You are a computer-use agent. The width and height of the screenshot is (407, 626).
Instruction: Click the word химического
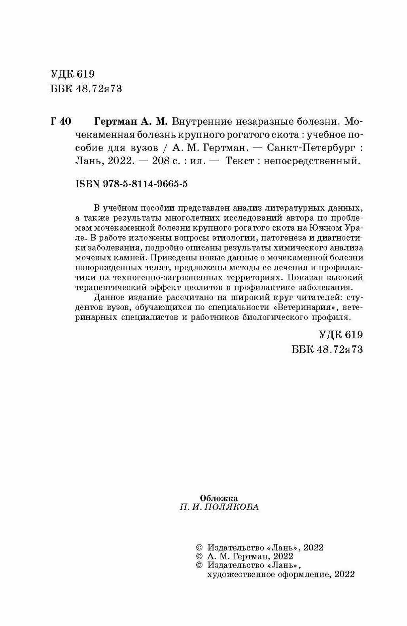[297, 247]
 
